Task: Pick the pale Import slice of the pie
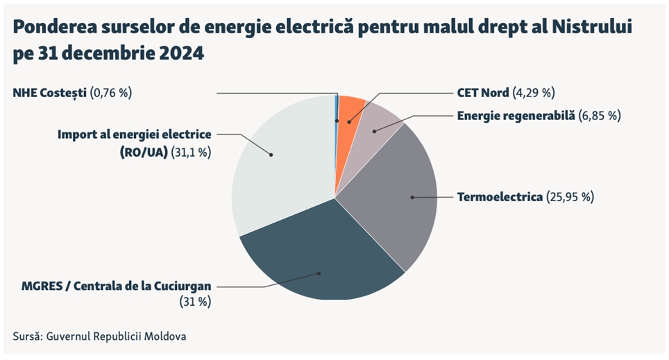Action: click(x=278, y=160)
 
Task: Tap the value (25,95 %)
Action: click(x=570, y=197)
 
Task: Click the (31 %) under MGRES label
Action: click(x=195, y=301)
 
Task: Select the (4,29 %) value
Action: click(x=534, y=93)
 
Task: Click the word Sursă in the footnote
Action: click(x=26, y=336)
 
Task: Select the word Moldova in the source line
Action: click(x=164, y=336)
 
